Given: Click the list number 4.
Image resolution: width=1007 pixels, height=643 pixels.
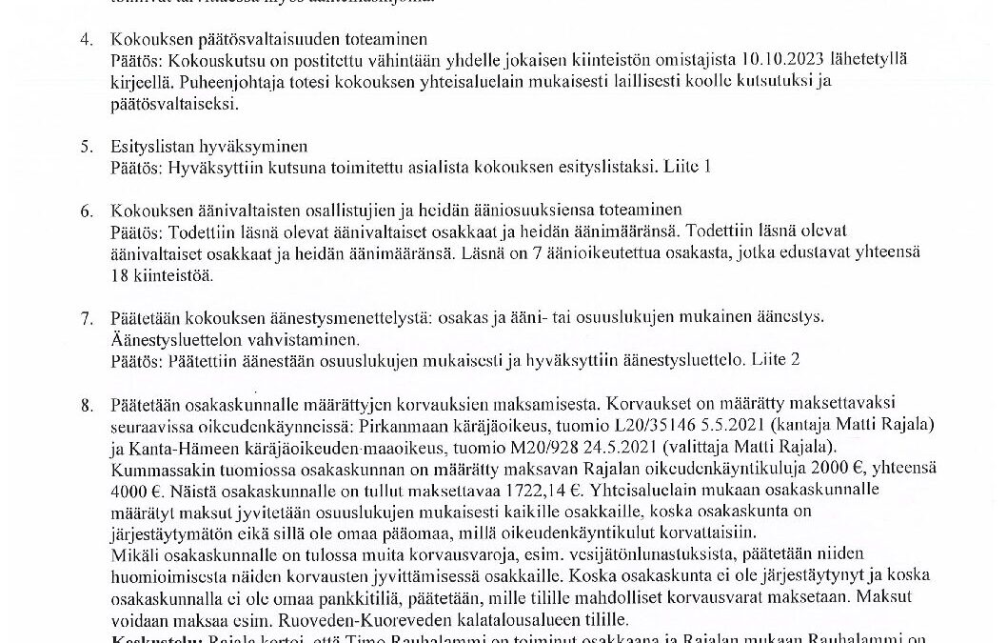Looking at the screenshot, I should (86, 40).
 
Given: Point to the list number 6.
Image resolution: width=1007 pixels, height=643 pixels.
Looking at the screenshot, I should (86, 210).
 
